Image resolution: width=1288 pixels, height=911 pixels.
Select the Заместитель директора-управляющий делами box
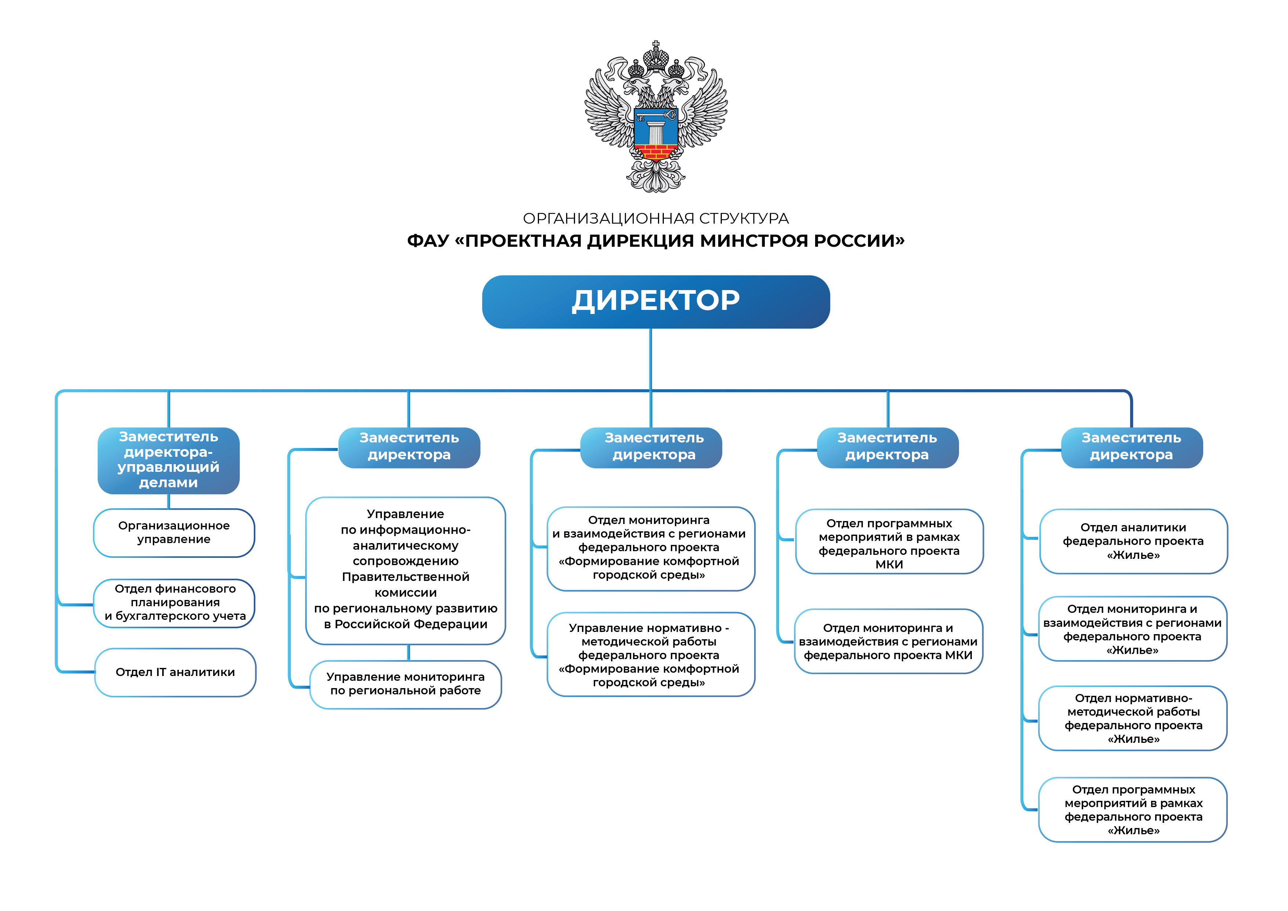[168, 460]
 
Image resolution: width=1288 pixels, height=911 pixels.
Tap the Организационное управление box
[174, 532]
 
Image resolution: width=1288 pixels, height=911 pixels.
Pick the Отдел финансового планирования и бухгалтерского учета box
[174, 603]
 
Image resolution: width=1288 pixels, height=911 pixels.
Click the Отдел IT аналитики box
[175, 672]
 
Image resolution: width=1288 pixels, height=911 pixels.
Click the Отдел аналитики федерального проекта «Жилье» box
[1133, 541]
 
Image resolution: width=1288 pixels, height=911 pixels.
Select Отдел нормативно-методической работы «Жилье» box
[1133, 718]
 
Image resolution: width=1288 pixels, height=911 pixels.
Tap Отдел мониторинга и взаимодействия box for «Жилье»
[1133, 629]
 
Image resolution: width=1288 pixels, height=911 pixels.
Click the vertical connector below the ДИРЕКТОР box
[651, 359]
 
